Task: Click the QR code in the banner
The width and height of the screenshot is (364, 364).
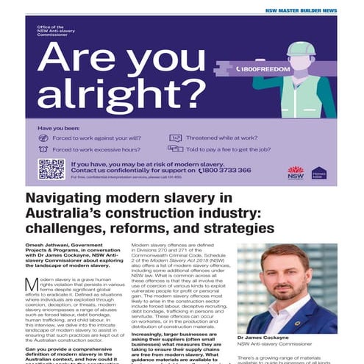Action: [51, 168]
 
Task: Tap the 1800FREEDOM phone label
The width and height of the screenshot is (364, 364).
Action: [264, 69]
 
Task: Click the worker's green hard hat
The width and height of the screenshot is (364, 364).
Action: [300, 49]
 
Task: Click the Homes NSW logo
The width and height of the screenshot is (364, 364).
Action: [318, 173]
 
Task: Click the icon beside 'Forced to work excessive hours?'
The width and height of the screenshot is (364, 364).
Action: [43, 149]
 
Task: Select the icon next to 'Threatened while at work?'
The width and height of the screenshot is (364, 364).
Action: [175, 138]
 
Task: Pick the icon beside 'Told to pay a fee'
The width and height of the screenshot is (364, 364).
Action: [175, 149]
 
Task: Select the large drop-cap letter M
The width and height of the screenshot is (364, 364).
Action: [32, 285]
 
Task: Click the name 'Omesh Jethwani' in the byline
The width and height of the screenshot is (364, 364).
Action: [50, 246]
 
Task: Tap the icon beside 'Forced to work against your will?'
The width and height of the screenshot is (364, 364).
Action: [43, 138]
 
